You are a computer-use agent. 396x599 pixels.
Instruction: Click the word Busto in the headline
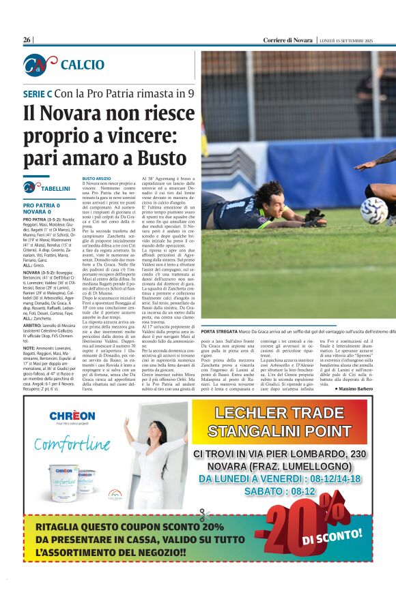(160, 157)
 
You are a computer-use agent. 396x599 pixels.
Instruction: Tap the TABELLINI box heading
(55, 188)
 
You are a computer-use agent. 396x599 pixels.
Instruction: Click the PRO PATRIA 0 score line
(42, 205)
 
